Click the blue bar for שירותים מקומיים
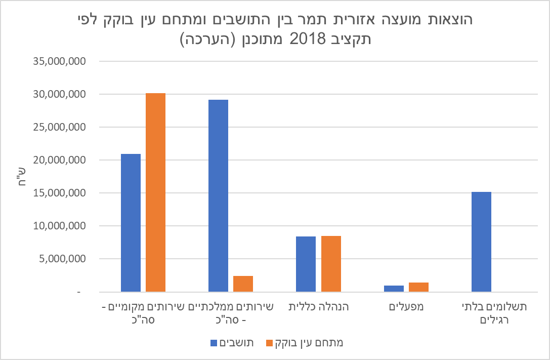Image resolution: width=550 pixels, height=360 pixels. click(x=131, y=223)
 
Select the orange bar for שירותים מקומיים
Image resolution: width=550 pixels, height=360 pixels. click(x=155, y=192)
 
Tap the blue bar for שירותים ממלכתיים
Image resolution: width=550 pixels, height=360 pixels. click(x=218, y=195)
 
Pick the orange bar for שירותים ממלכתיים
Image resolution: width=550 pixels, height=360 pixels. click(x=243, y=284)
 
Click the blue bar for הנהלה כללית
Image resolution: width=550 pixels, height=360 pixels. click(x=306, y=264)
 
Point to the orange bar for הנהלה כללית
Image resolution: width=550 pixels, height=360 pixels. click(x=331, y=264)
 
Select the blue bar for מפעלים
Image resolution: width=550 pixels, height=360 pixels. click(x=394, y=289)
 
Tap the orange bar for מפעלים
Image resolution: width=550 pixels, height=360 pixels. click(x=418, y=287)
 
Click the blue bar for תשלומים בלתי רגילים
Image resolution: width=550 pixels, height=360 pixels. click(x=481, y=242)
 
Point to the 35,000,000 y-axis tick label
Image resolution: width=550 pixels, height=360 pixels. click(x=60, y=61)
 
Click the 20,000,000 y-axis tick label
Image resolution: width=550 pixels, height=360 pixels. click(x=60, y=160)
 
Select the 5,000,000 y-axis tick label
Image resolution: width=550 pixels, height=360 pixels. click(x=62, y=259)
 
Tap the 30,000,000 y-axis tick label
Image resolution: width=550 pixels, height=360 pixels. click(x=60, y=94)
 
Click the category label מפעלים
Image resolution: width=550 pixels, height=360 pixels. click(x=406, y=306)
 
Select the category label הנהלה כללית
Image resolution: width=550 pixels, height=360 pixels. click(x=319, y=306)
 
